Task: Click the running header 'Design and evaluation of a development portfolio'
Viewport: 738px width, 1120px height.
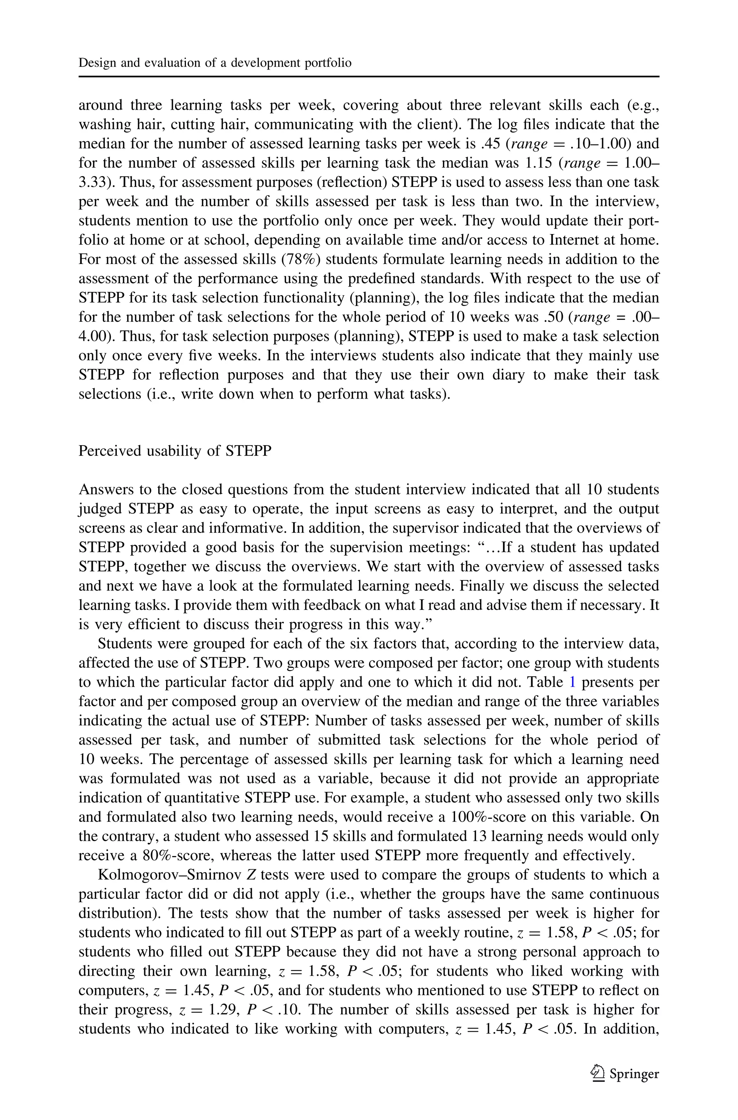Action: click(215, 63)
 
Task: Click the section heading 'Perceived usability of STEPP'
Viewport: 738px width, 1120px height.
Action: click(175, 451)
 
